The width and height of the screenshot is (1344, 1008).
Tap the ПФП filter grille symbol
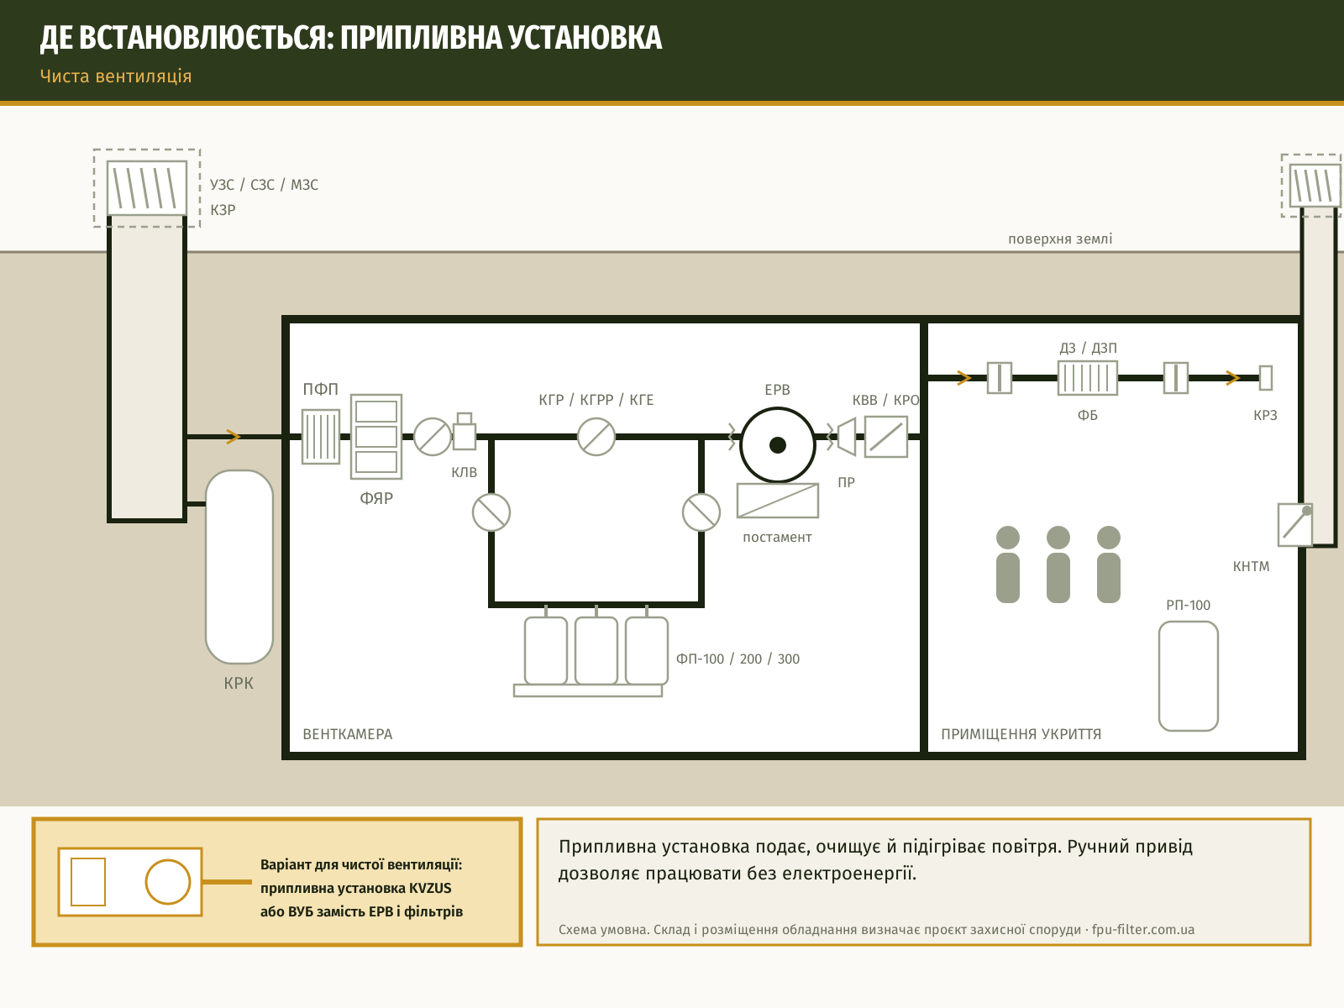(321, 436)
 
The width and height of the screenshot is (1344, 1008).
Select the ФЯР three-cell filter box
(376, 436)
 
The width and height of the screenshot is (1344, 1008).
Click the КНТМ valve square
(1295, 524)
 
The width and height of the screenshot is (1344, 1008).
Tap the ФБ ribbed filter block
(1088, 378)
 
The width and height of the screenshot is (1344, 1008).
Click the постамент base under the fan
(778, 501)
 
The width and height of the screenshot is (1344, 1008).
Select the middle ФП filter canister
(596, 650)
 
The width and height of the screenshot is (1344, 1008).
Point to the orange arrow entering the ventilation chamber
(233, 436)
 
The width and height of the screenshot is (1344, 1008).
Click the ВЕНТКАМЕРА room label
(348, 734)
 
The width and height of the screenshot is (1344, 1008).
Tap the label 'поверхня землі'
(1060, 239)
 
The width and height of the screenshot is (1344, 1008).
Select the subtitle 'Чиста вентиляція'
(116, 76)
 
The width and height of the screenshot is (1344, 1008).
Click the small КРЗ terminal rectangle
(1266, 378)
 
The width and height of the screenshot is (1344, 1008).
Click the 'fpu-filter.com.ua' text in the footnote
(1142, 929)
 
